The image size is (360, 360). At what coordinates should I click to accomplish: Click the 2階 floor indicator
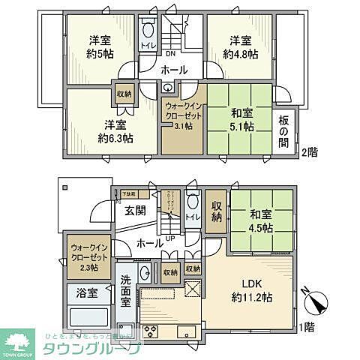coord(308,152)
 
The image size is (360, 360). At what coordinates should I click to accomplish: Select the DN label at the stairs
coord(170,54)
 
